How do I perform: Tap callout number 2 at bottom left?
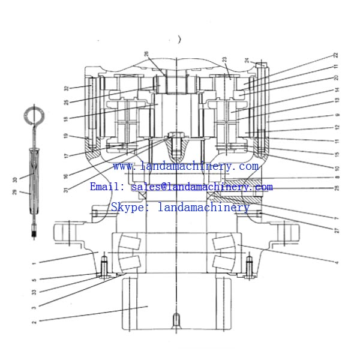coord(34,322)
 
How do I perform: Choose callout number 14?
coord(337,89)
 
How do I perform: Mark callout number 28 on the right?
coord(337,188)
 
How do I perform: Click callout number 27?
coord(337,230)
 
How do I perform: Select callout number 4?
coord(337,262)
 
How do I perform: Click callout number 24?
coord(247,60)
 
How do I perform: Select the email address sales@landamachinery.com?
coord(202,187)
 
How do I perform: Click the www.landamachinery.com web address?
coord(185,166)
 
